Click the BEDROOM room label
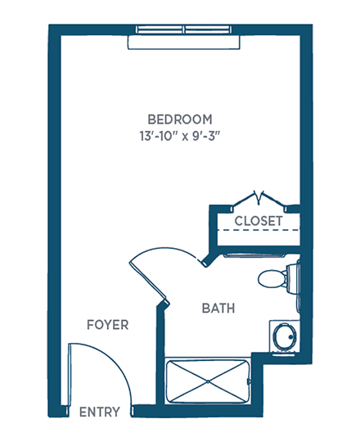[180, 119]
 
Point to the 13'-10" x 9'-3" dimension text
[180, 136]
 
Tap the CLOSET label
[259, 221]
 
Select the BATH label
[218, 309]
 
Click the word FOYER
[107, 325]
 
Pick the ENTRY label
[100, 412]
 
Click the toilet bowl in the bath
[272, 279]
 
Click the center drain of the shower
[208, 381]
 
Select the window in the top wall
[184, 29]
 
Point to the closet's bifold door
[259, 200]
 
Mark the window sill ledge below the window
[184, 42]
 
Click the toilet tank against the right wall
[293, 279]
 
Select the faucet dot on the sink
[291, 337]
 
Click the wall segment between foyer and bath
[160, 354]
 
